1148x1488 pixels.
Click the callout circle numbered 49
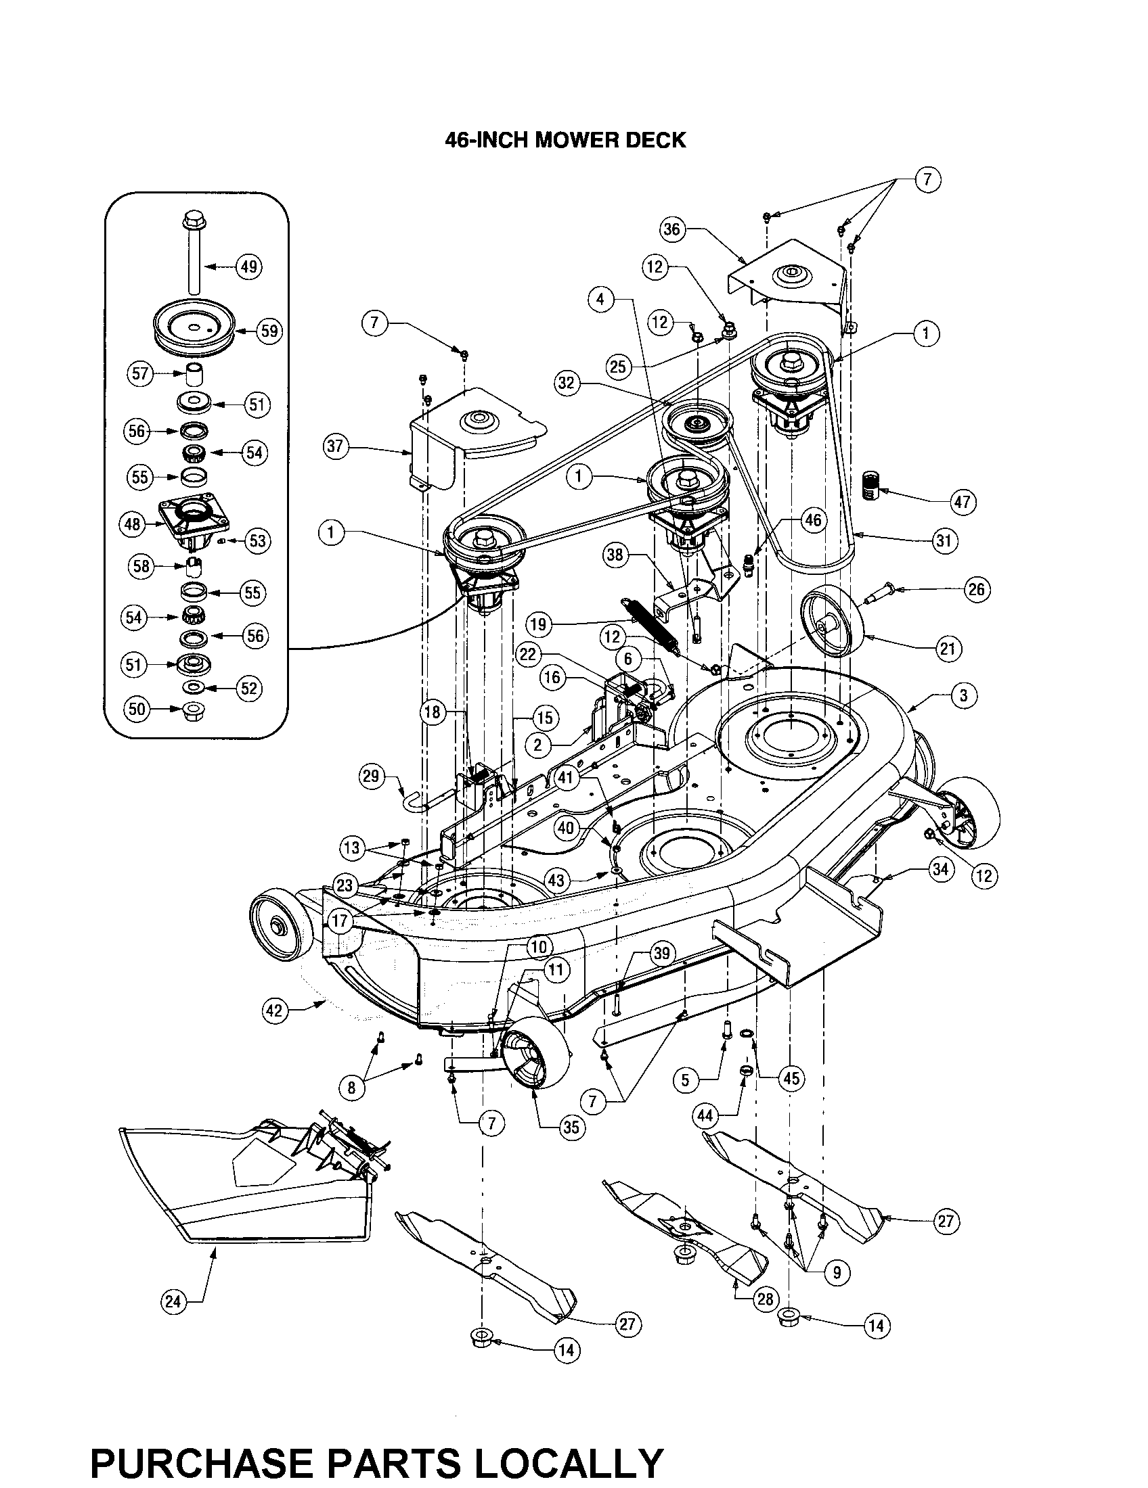click(x=249, y=266)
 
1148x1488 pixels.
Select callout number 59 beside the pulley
click(x=269, y=331)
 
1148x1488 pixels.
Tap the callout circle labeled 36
click(x=672, y=229)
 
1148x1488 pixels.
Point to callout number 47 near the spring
click(x=963, y=502)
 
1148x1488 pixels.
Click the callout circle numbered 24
click(x=173, y=1302)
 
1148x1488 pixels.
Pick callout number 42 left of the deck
click(x=274, y=1010)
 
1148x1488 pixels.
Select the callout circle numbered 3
click(x=963, y=695)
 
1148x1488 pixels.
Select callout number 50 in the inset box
click(x=137, y=709)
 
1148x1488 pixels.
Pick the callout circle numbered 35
click(x=571, y=1127)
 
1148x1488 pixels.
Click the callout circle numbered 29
click(x=372, y=777)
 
